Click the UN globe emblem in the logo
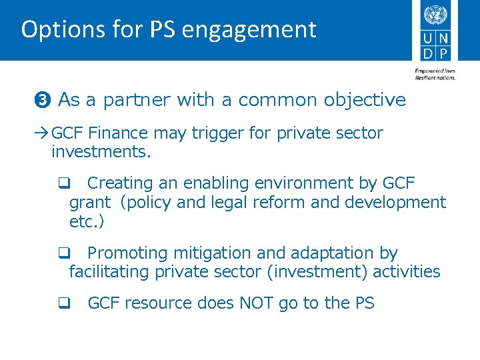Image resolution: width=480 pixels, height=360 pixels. tap(435, 15)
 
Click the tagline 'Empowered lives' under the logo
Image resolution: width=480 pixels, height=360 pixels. tap(433, 71)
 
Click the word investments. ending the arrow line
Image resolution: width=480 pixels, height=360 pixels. tap(101, 152)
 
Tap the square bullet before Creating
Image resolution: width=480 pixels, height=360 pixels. tap(63, 183)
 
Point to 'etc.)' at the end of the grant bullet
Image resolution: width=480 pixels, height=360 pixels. tap(87, 221)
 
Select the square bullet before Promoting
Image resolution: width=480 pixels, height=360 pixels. tap(63, 254)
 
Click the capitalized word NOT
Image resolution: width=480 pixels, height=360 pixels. tap(254, 303)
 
